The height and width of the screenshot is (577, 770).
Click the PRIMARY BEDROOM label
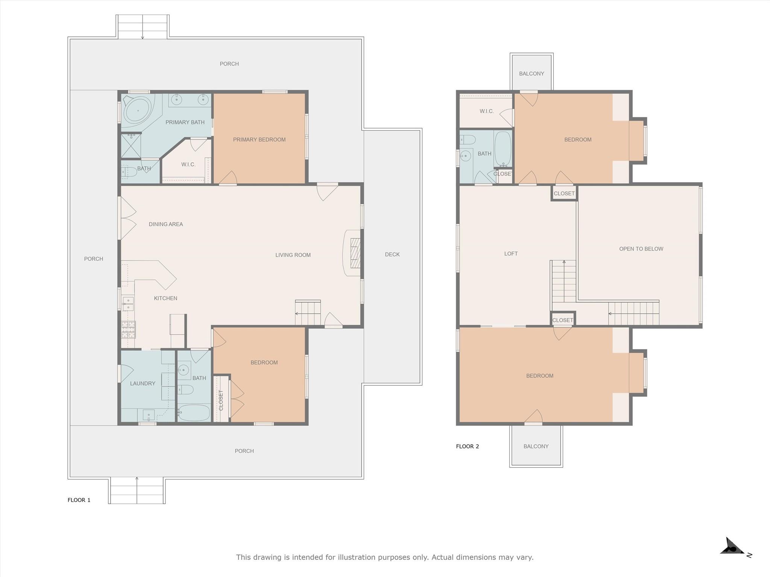pos(259,140)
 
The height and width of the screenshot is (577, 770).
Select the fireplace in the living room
pos(354,253)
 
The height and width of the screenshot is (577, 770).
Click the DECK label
pos(392,255)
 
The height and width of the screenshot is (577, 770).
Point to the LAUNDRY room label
pos(142,384)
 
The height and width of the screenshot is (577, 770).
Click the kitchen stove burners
pos(128,330)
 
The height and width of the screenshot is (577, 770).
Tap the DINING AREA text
pos(166,224)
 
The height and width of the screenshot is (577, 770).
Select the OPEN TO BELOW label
pos(641,249)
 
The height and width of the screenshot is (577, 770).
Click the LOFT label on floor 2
pos(511,254)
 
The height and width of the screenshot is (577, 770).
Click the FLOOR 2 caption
pos(467,446)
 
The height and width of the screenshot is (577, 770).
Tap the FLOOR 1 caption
pos(79,500)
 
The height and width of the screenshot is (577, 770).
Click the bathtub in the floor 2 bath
pos(503,149)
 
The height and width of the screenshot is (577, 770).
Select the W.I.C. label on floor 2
pos(487,112)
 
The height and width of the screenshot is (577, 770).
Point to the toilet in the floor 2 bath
pos(467,140)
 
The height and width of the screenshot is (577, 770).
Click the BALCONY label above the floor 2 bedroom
pos(531,74)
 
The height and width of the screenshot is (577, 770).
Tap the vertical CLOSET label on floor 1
pos(221,400)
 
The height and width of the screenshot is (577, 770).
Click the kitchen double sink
pos(128,304)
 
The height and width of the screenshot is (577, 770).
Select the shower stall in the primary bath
pos(130,145)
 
